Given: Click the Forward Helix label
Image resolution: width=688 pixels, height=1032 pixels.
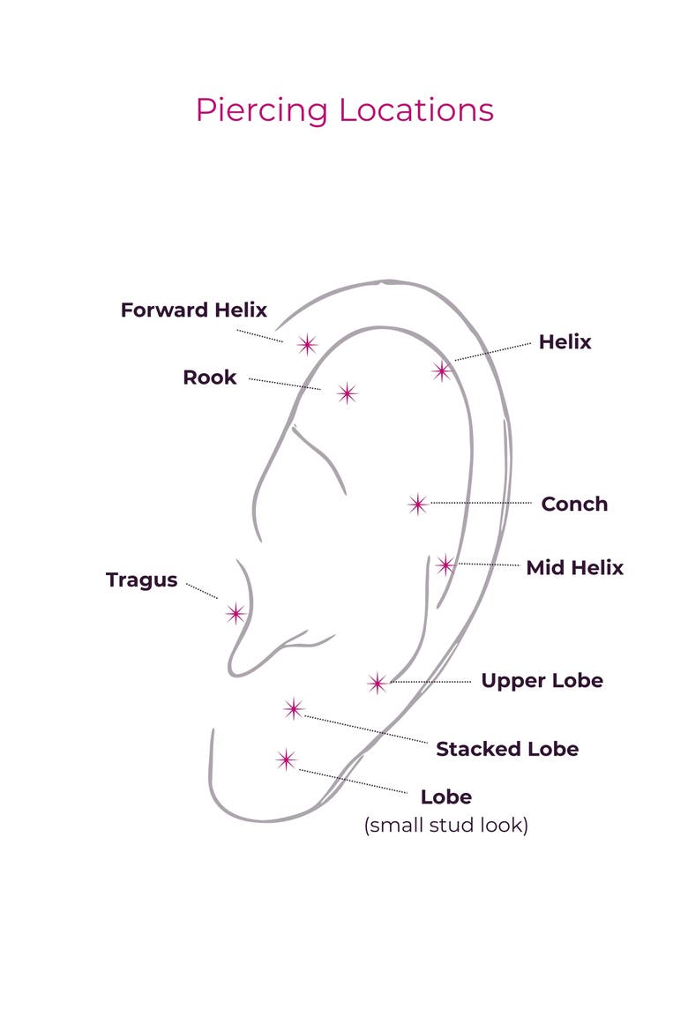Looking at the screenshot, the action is tap(193, 310).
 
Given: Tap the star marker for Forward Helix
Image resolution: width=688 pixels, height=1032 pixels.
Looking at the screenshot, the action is tap(307, 344).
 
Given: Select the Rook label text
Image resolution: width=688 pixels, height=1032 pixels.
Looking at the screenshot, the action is tap(209, 378).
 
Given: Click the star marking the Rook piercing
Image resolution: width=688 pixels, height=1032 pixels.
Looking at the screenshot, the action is tap(347, 393).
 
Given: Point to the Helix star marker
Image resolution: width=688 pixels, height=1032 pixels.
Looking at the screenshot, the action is tap(442, 371).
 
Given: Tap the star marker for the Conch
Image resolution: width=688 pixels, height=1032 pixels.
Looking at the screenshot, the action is tap(417, 505).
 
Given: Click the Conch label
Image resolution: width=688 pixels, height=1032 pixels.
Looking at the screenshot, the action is tap(574, 505).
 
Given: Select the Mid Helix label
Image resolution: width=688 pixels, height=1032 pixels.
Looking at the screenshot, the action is tap(575, 567).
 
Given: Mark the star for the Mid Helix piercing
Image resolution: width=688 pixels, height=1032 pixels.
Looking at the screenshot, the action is tap(445, 565).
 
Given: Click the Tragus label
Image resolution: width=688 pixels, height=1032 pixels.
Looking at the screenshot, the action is tap(141, 580).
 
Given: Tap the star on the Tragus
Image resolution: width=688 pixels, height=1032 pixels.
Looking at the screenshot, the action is tap(236, 614).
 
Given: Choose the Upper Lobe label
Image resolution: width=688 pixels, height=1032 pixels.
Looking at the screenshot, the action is tap(542, 681).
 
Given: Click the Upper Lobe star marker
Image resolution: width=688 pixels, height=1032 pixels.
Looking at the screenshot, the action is tap(378, 684).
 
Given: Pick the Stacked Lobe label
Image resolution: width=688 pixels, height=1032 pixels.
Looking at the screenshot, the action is tap(507, 749).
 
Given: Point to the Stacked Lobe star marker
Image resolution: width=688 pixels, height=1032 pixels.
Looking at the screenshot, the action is tap(294, 709).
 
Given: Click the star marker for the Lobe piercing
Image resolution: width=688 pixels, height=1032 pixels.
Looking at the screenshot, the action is tap(287, 760).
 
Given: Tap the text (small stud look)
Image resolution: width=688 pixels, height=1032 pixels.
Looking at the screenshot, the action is tap(446, 826).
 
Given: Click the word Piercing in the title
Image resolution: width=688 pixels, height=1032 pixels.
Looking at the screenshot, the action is tap(261, 110).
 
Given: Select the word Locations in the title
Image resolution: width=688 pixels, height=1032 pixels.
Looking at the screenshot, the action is tap(416, 110).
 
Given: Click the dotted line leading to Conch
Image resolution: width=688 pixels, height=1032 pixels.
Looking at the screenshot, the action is tap(482, 503).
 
